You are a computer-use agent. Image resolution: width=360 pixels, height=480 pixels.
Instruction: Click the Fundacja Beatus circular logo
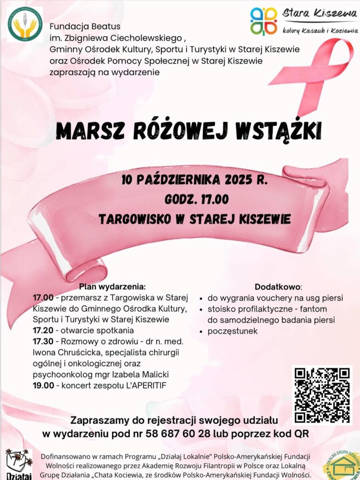click(x=25, y=24)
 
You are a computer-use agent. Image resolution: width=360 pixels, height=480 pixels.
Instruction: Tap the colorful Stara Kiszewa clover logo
click(x=264, y=21)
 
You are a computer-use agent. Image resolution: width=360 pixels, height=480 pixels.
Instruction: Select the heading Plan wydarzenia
click(x=112, y=286)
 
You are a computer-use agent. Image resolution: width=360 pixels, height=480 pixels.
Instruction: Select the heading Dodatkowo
click(x=278, y=287)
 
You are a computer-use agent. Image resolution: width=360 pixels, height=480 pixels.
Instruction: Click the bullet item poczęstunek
click(x=232, y=331)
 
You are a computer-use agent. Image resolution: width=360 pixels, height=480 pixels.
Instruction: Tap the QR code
click(x=322, y=395)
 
